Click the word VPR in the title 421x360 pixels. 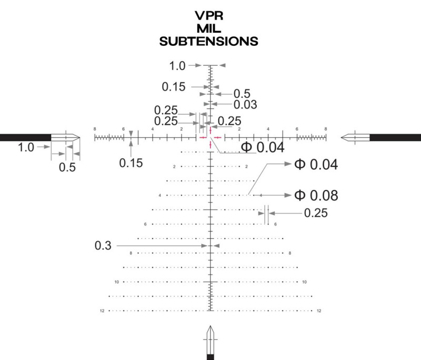pos(209,16)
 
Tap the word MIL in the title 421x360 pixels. pos(209,28)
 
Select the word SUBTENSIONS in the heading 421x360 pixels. pos(208,42)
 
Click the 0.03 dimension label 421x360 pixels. pos(245,105)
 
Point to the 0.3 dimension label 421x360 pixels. pos(103,246)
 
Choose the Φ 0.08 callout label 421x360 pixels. pos(316,195)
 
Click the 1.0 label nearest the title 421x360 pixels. pos(177,66)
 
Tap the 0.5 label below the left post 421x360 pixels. pos(67,167)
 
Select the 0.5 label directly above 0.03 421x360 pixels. pos(242,94)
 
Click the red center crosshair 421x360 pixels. pos(210,137)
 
